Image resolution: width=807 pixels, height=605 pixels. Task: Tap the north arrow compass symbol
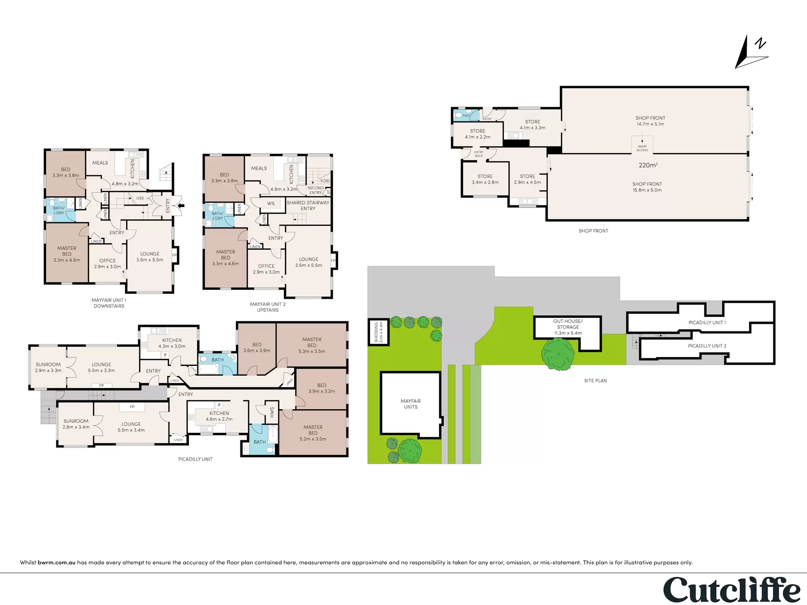(752, 52)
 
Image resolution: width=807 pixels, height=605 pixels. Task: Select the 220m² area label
(648, 165)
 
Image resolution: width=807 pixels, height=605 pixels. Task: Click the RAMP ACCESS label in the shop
(642, 148)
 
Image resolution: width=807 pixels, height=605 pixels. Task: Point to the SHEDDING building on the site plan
(379, 332)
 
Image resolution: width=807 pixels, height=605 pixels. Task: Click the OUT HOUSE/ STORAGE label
(568, 327)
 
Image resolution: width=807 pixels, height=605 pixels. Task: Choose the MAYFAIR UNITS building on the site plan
(411, 404)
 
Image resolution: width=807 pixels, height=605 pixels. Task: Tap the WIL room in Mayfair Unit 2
(272, 204)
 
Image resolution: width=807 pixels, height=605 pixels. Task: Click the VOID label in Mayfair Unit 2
(325, 181)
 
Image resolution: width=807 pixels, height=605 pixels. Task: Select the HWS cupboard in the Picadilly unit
(272, 412)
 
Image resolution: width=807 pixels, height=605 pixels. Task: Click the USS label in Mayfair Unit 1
(140, 198)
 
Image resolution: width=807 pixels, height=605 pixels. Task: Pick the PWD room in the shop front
(466, 116)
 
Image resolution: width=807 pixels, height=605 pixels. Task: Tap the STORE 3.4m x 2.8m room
(485, 179)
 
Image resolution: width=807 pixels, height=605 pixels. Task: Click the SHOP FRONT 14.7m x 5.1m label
(650, 121)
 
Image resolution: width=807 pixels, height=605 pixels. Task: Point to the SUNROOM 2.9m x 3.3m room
(48, 367)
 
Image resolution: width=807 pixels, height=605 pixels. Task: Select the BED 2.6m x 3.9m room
(257, 348)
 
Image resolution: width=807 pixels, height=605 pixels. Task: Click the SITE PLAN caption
(595, 381)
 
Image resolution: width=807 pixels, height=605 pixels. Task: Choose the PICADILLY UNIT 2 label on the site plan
(707, 346)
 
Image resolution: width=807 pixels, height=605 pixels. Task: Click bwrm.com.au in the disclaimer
(57, 562)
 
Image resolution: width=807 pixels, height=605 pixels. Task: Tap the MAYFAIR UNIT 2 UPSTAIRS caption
(268, 307)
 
